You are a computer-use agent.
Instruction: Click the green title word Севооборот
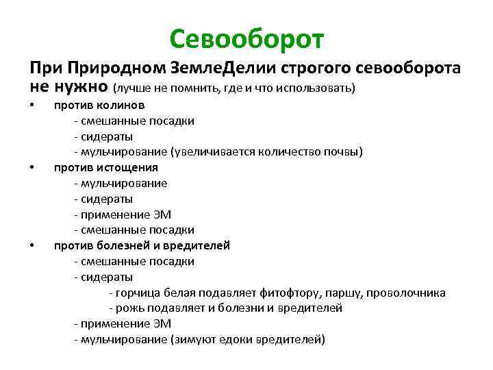click(246, 40)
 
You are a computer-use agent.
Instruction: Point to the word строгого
click(318, 69)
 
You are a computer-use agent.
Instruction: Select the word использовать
click(320, 88)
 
